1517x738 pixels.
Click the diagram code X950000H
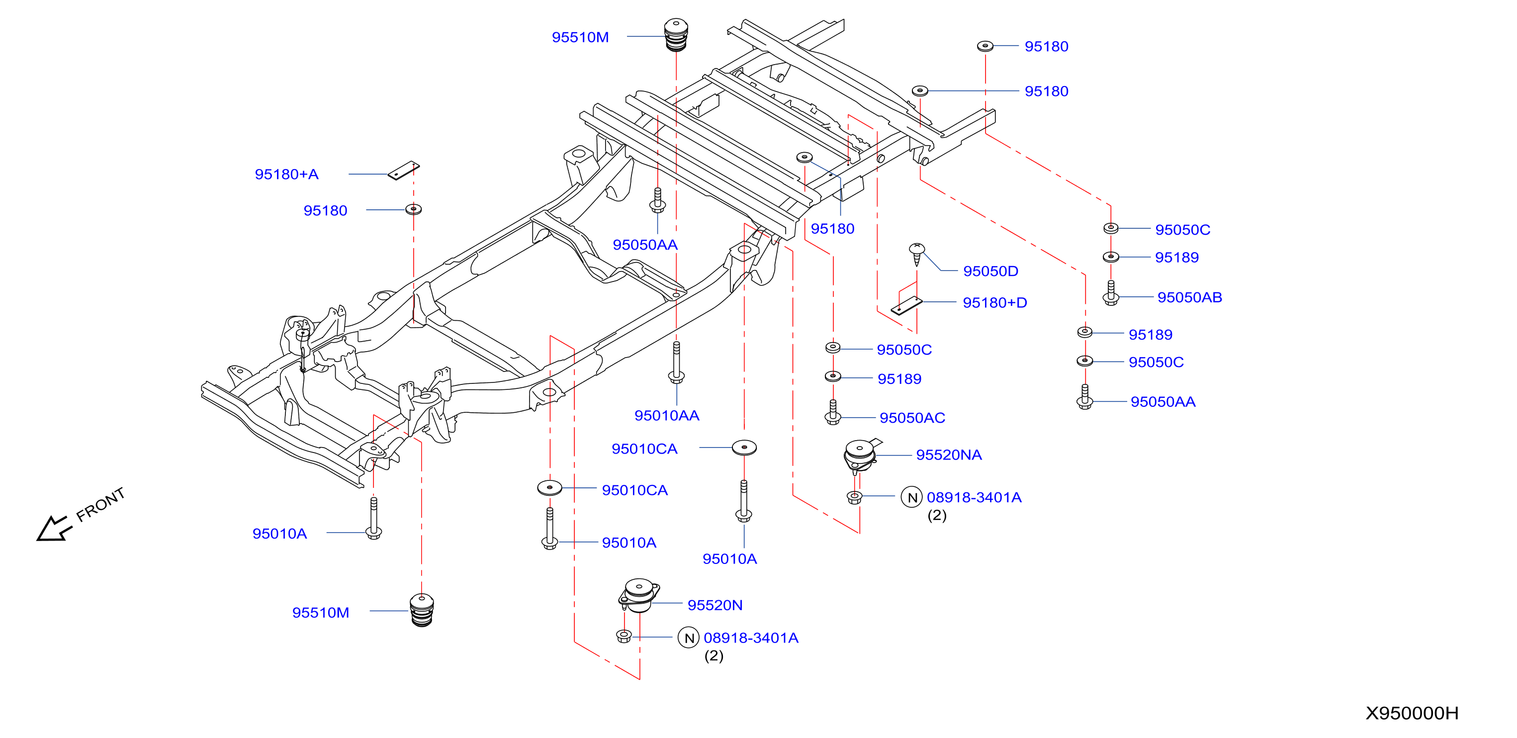1412,713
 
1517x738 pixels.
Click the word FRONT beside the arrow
101,505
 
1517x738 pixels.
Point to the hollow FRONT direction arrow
54,528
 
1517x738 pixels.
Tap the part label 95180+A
286,175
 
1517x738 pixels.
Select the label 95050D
990,271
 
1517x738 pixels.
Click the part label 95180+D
994,303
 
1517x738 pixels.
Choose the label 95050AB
1189,297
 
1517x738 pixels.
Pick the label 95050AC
912,418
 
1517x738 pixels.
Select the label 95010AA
667,415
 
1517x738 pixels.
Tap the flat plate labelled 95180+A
403,170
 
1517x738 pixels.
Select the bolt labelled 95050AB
1111,293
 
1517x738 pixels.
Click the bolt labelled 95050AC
833,412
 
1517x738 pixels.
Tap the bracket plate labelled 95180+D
906,306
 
